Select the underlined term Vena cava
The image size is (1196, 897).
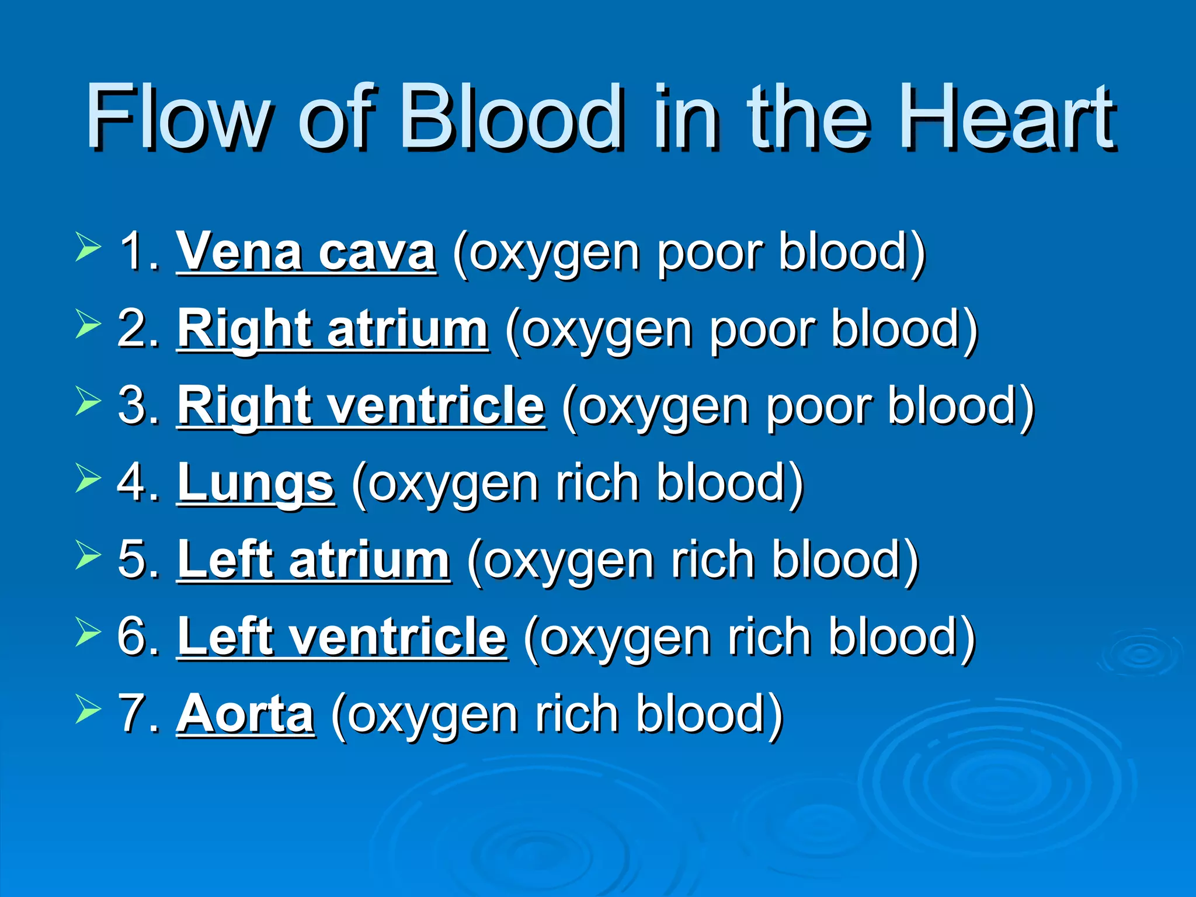coord(306,252)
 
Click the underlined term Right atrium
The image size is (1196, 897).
coord(332,329)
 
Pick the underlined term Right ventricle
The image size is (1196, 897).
coord(361,406)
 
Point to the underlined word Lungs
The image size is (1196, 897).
coord(255,484)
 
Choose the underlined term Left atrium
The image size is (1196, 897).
coord(314,561)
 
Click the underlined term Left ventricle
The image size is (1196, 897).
coord(342,637)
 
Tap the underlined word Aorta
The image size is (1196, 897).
coord(245,714)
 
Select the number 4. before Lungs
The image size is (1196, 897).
coord(139,484)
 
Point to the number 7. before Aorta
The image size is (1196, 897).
coord(139,714)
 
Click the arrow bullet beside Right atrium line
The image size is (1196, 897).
coord(88,324)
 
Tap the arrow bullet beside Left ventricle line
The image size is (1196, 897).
coord(88,632)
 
